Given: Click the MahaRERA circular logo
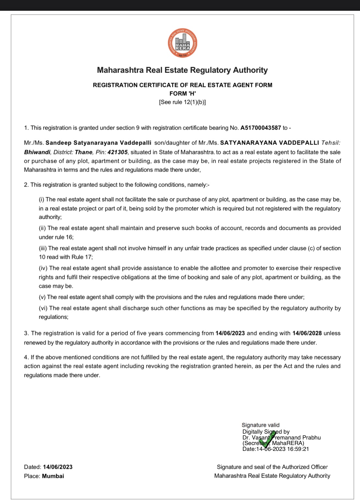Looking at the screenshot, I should (182, 43).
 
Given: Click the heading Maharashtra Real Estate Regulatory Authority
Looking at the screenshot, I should (182, 70).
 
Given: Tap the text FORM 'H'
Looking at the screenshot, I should (182, 93).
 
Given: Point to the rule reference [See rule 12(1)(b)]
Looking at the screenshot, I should (182, 102).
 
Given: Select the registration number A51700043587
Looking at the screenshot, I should (260, 128).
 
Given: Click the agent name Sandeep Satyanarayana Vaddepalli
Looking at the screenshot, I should (98, 143).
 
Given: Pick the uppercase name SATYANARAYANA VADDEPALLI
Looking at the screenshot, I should (270, 143).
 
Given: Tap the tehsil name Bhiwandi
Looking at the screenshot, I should (37, 152).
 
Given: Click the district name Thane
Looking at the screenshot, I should (84, 152).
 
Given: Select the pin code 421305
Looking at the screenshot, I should (118, 152).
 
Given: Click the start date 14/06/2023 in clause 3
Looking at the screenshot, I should (230, 333).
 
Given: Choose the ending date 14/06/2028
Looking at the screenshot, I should (307, 333).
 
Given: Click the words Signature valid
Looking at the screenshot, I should (260, 425).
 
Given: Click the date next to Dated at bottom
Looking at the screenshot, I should (58, 467).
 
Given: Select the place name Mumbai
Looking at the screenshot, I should (53, 476).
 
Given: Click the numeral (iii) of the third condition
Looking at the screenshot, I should (43, 248).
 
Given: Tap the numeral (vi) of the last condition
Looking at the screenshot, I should (43, 308).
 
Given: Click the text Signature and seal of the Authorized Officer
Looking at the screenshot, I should (272, 467).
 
